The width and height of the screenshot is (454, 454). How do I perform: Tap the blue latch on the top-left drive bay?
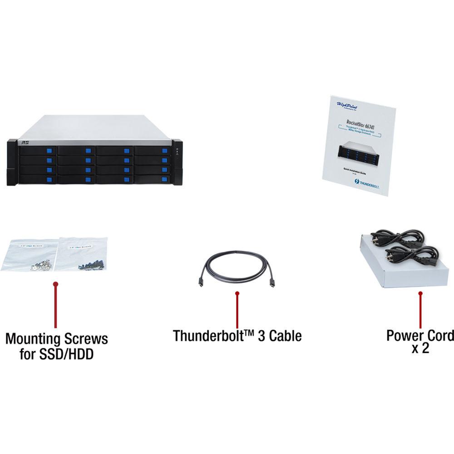pos(49,151)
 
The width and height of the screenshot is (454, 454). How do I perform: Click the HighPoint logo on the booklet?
pos(348,105)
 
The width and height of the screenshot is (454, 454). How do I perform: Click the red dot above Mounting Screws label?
pos(56,285)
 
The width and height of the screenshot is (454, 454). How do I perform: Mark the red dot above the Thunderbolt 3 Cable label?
pos(237,294)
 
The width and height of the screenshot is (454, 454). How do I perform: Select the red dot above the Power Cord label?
pos(420,294)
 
